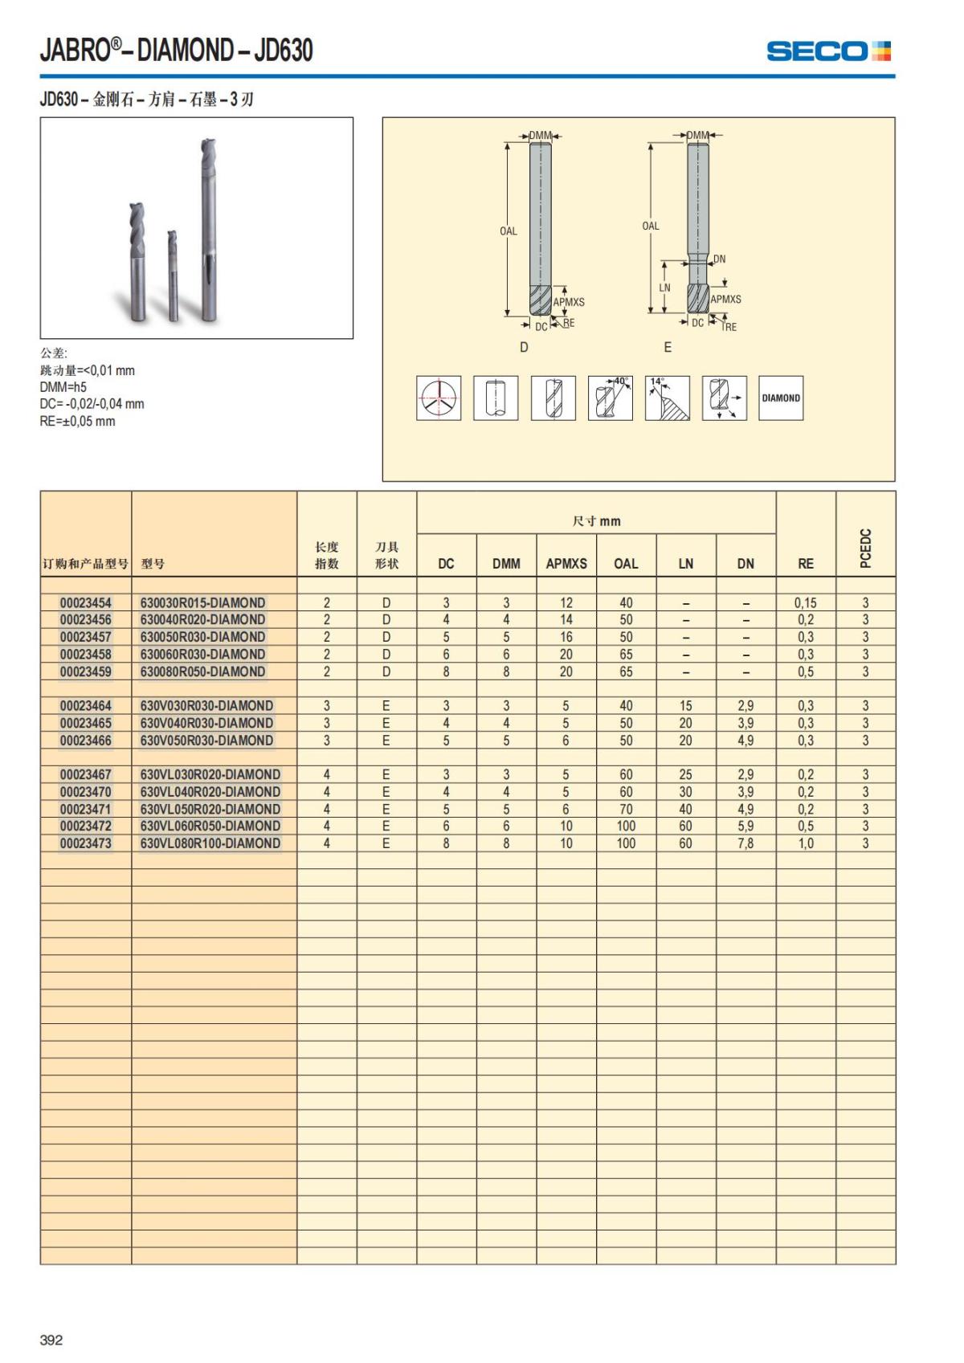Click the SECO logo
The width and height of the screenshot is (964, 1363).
[x=828, y=51]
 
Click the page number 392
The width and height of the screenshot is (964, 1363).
[x=51, y=1340]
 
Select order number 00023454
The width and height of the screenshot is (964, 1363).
[x=86, y=602]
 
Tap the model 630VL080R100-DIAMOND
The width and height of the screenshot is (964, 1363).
[x=210, y=843]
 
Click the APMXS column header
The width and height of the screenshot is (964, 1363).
[x=566, y=564]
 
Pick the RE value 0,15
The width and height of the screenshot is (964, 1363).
[x=805, y=602]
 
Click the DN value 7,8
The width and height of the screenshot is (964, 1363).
[x=745, y=843]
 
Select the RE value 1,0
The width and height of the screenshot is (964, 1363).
[x=805, y=843]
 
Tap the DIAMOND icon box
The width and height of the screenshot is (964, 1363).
[x=781, y=398]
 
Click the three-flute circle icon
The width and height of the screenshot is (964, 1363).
[x=438, y=398]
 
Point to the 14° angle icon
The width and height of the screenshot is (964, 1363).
[x=667, y=398]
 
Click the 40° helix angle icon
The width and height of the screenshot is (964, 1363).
[x=610, y=398]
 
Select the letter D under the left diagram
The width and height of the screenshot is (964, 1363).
[x=525, y=347]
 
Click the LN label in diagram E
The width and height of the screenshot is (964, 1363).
[x=664, y=288]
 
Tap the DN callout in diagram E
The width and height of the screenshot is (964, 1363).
[x=719, y=259]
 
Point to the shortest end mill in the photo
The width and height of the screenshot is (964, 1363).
[x=172, y=275]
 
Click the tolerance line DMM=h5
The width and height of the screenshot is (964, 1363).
[x=63, y=387]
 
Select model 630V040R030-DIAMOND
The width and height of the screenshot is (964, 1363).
[x=206, y=723]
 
